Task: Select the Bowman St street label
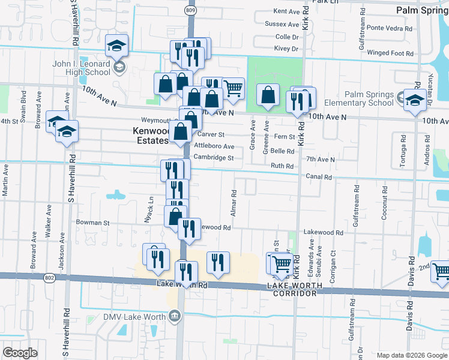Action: pyautogui.click(x=92, y=222)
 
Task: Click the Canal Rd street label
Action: pyautogui.click(x=319, y=177)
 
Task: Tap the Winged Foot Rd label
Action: pyautogui.click(x=390, y=53)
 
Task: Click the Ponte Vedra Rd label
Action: pyautogui.click(x=391, y=28)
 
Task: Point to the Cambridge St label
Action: pyautogui.click(x=213, y=158)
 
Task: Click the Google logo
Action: pyautogui.click(x=20, y=353)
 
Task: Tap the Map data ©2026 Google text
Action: pyautogui.click(x=411, y=355)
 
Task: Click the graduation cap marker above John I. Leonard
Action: pyautogui.click(x=116, y=45)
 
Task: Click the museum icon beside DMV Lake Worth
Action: pyautogui.click(x=175, y=315)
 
